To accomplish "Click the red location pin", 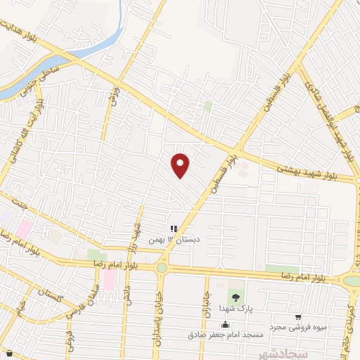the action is pyautogui.click(x=181, y=165).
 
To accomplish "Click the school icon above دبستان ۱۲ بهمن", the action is pyautogui.click(x=173, y=228).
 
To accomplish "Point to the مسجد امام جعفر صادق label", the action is pyautogui.click(x=224, y=335).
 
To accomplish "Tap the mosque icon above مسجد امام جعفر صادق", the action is pyautogui.click(x=224, y=324).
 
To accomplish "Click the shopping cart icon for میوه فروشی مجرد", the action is pyautogui.click(x=299, y=317).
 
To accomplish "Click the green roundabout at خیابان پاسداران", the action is pyautogui.click(x=162, y=267).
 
